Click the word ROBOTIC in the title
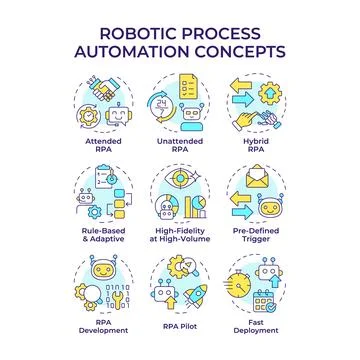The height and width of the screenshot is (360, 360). click(128, 27)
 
